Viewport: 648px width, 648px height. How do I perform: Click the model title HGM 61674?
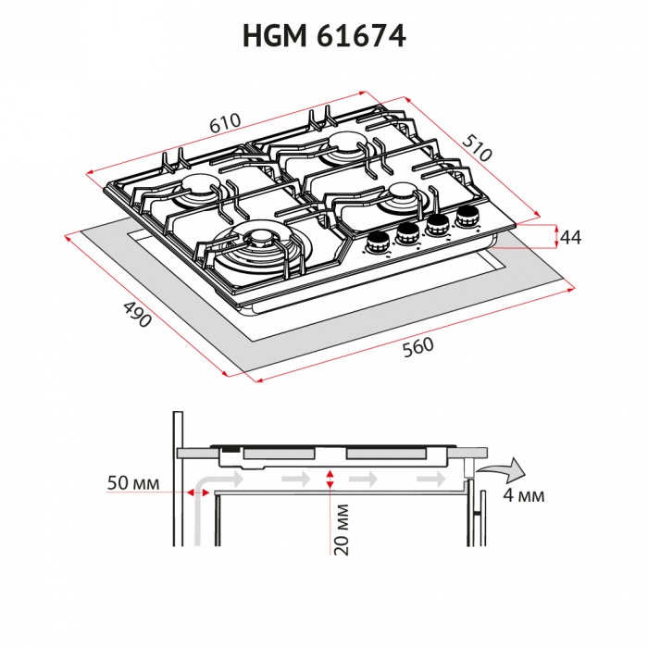tap(324, 36)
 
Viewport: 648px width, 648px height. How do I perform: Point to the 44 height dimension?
tap(570, 238)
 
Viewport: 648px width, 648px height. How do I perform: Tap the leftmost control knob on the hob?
tap(377, 243)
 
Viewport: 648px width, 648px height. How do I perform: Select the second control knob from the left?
tap(406, 235)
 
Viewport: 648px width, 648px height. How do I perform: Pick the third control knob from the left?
tap(436, 226)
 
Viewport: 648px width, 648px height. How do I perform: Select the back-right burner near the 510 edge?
tap(347, 143)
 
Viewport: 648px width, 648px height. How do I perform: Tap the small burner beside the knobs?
tap(405, 193)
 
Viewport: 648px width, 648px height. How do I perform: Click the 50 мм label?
tap(133, 484)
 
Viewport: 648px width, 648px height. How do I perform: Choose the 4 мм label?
tap(523, 495)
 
